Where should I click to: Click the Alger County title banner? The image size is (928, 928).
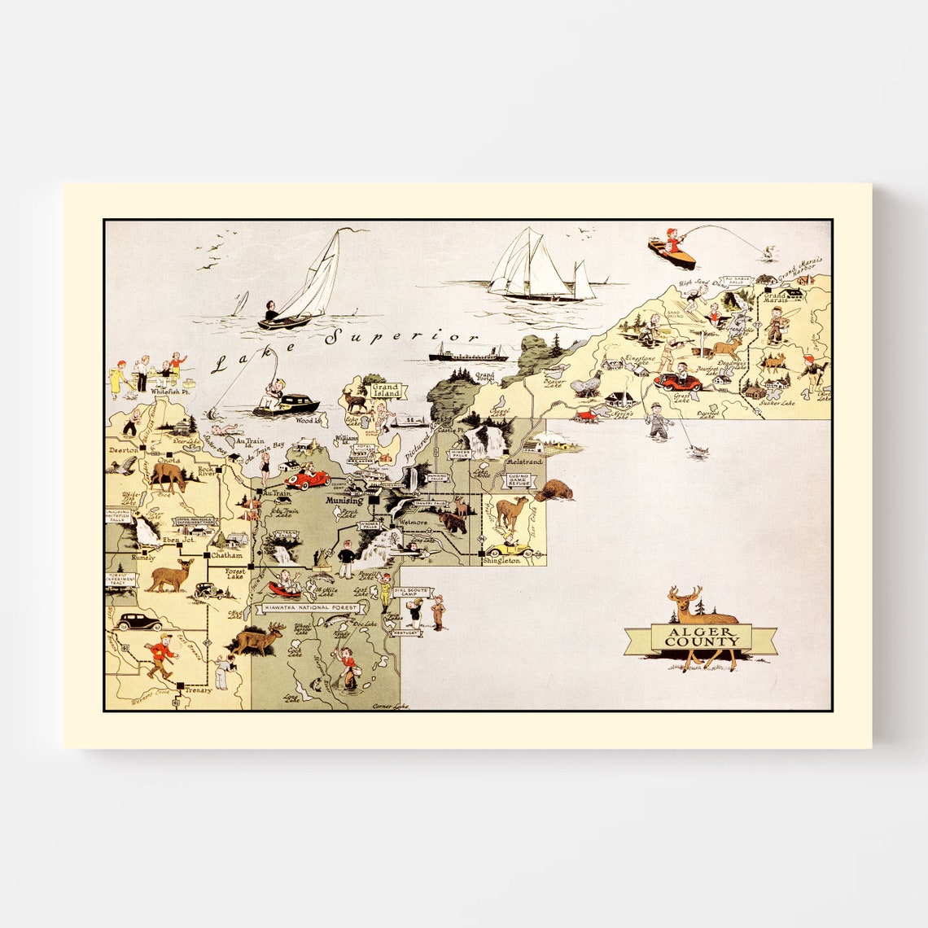tap(700, 637)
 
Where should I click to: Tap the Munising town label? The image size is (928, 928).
tap(344, 501)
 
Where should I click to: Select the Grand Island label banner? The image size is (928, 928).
tap(386, 389)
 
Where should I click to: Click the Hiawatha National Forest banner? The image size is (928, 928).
tap(308, 607)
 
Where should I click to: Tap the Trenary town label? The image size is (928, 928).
tap(198, 689)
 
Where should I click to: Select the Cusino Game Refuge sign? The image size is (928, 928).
tap(519, 479)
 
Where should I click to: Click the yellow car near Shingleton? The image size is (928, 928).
tap(510, 550)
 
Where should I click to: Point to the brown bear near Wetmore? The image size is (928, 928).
tap(452, 521)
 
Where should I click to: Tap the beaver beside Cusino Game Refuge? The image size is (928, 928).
tap(554, 490)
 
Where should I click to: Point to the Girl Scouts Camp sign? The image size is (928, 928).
tap(409, 593)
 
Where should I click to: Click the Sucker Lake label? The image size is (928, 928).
tap(774, 402)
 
